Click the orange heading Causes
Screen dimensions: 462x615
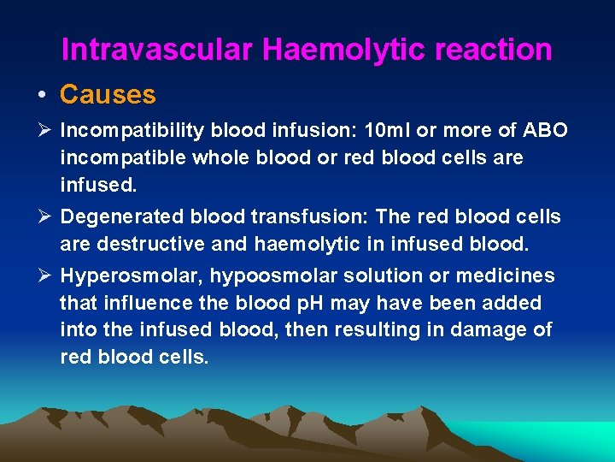pyautogui.click(x=108, y=94)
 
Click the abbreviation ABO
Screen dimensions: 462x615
pyautogui.click(x=543, y=131)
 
